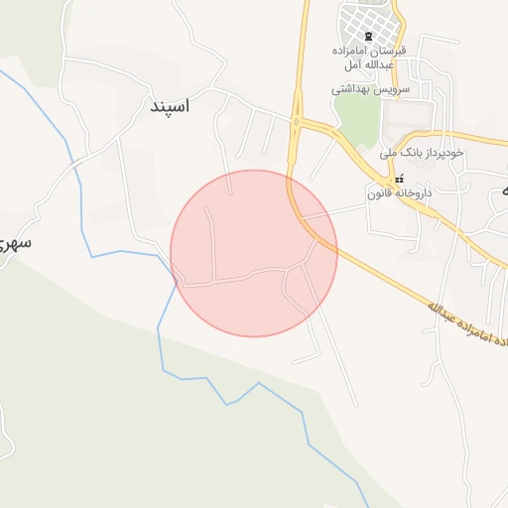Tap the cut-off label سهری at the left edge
[12, 241]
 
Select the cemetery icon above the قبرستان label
[369, 36]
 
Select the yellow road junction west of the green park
[297, 123]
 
